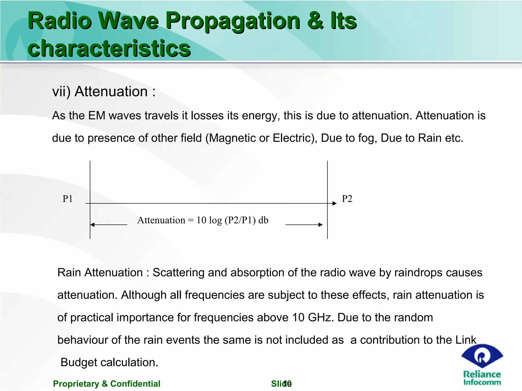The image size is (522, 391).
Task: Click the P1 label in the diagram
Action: click(x=68, y=199)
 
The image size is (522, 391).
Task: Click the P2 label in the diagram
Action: click(x=347, y=199)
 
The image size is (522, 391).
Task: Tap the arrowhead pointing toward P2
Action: click(x=335, y=203)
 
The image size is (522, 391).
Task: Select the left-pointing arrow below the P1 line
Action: click(x=109, y=225)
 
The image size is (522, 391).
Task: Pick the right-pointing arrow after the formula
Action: click(x=304, y=225)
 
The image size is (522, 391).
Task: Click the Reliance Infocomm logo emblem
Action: click(x=482, y=356)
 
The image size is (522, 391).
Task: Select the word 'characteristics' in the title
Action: click(x=109, y=48)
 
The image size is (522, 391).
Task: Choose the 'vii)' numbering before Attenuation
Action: click(x=61, y=92)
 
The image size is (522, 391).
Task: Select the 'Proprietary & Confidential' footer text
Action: click(x=107, y=384)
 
